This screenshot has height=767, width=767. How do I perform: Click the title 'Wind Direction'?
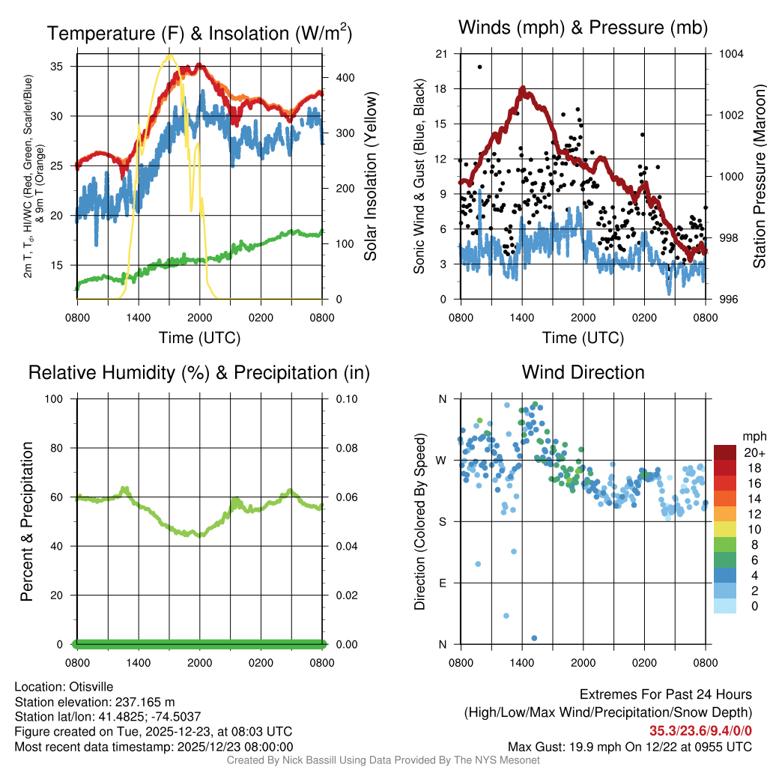[x=583, y=372]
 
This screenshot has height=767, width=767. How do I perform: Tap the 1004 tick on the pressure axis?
[x=730, y=54]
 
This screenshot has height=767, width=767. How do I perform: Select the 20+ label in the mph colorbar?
[x=754, y=452]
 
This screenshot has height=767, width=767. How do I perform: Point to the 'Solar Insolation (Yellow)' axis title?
[x=370, y=177]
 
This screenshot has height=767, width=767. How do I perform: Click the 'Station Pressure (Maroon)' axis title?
[x=759, y=177]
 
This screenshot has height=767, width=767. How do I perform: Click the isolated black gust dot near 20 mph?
[x=479, y=67]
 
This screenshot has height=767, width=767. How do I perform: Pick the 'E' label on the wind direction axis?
[x=443, y=583]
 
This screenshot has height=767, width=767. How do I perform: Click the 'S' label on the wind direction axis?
[x=443, y=521]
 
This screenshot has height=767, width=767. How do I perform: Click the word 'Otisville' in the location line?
[x=95, y=686]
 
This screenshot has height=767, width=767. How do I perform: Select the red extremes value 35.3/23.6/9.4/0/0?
[x=700, y=731]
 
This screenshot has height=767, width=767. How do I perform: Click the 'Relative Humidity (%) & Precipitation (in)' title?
[x=198, y=372]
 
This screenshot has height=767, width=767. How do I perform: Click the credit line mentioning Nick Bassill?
[x=383, y=760]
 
